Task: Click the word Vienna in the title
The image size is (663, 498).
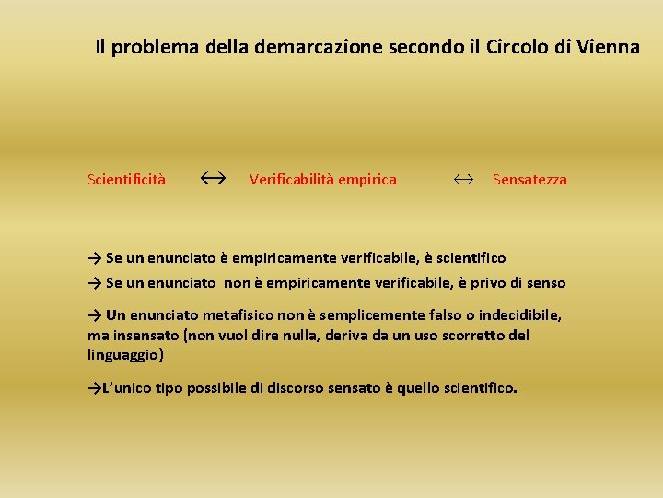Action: [610, 47]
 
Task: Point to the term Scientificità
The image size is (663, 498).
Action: [127, 179]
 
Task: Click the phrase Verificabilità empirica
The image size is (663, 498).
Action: [322, 179]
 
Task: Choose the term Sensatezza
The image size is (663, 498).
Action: [529, 179]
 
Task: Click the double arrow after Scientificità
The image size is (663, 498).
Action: [214, 177]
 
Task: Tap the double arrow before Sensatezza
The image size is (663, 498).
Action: [463, 179]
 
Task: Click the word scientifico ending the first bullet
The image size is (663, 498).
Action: [469, 258]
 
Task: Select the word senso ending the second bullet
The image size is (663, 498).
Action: [546, 283]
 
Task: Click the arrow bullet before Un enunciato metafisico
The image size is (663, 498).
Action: [95, 315]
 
